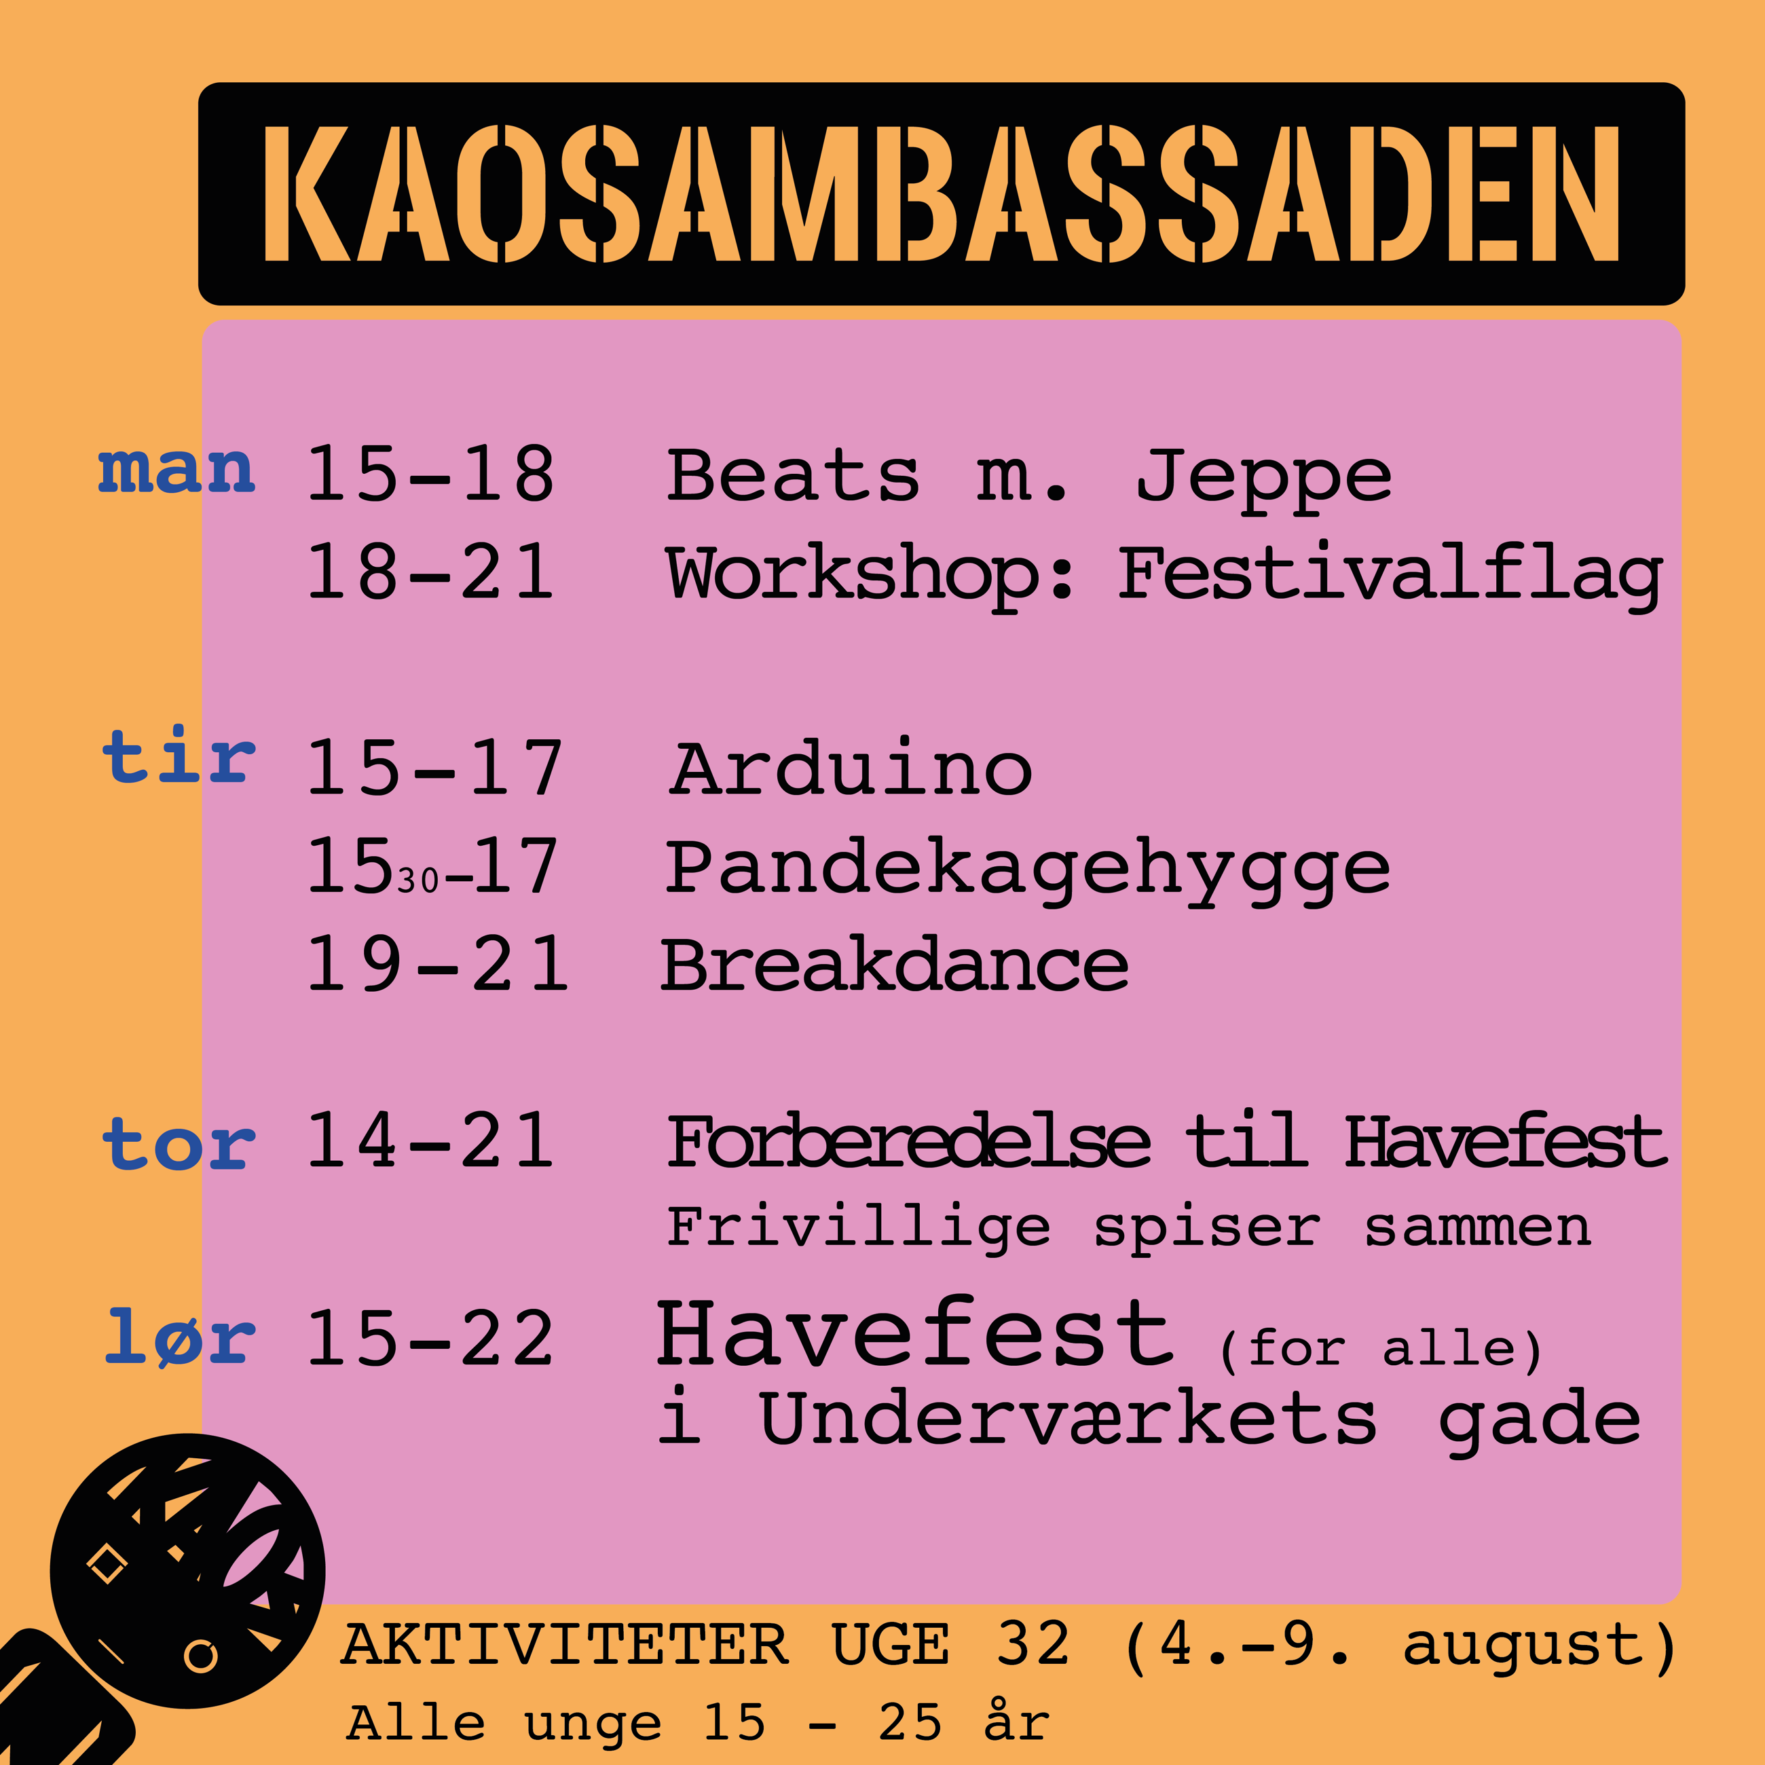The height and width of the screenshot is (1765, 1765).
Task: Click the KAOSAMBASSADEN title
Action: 941,193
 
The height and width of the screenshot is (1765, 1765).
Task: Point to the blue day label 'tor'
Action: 178,1144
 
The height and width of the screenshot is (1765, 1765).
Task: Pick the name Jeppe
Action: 1263,481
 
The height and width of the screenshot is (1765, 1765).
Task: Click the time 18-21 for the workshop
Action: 430,573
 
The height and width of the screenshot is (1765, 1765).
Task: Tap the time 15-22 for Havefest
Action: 430,1339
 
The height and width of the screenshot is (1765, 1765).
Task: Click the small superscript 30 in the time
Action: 418,880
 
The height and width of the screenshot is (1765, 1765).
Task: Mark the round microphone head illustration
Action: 187,1570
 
